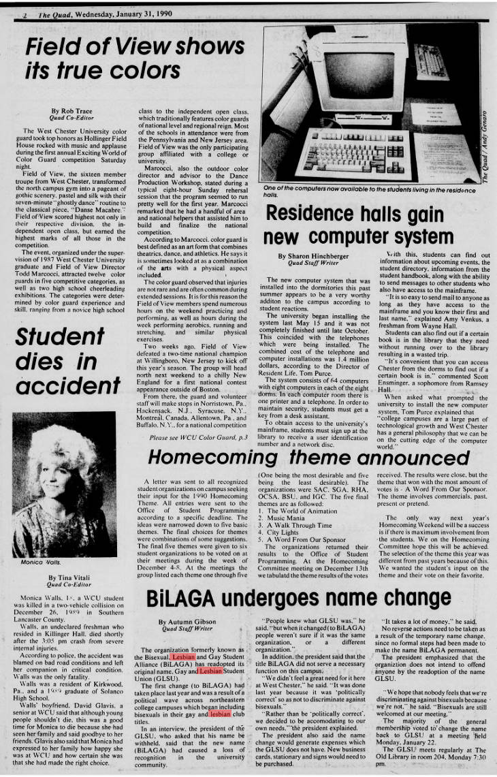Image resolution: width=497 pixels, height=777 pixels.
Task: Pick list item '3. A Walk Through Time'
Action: click(295, 525)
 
